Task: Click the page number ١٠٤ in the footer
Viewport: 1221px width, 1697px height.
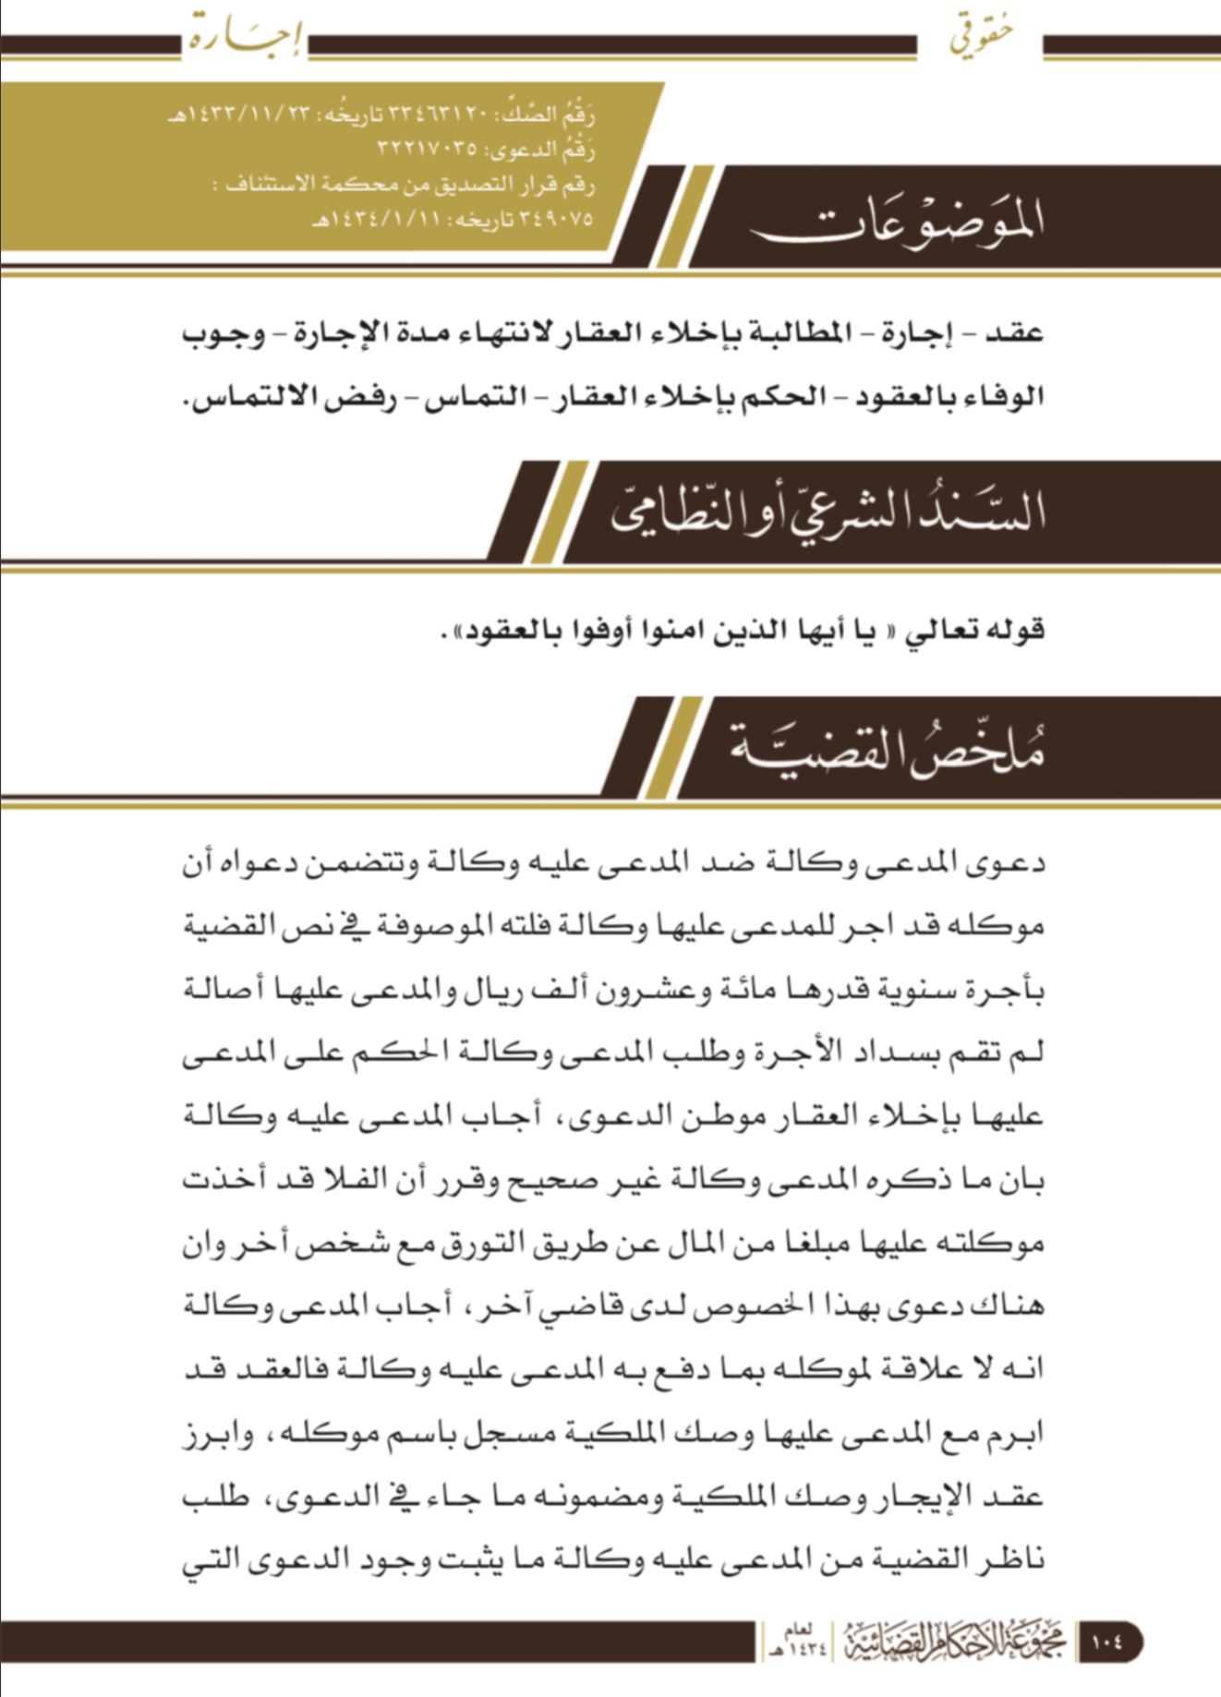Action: click(x=1106, y=1643)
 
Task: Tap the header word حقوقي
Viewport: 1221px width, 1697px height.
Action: click(x=981, y=35)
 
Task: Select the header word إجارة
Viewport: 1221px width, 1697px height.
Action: click(x=246, y=37)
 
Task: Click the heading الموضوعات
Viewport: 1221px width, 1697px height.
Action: click(x=897, y=222)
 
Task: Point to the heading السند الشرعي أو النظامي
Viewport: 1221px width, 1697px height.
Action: click(x=828, y=513)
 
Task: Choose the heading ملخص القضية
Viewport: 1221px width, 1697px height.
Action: click(x=887, y=750)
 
